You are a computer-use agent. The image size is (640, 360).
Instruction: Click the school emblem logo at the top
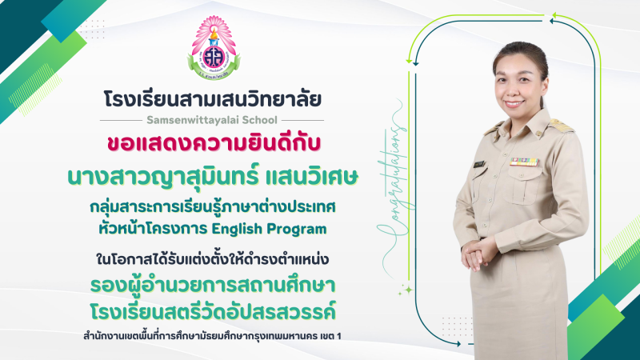pyautogui.click(x=214, y=48)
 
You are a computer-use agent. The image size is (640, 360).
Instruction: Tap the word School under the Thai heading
pyautogui.click(x=260, y=120)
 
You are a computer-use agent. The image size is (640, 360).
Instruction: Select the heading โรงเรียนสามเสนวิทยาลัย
pyautogui.click(x=212, y=99)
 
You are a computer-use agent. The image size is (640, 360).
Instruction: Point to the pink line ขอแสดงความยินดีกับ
pyautogui.click(x=214, y=144)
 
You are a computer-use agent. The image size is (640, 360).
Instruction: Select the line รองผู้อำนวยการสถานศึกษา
pyautogui.click(x=213, y=285)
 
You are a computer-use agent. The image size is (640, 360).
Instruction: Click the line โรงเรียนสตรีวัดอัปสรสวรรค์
pyautogui.click(x=213, y=311)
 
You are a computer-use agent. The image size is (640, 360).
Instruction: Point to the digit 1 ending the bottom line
pyautogui.click(x=338, y=336)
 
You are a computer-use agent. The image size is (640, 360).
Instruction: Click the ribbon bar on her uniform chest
pyautogui.click(x=525, y=162)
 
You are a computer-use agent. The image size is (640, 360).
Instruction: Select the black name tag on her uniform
pyautogui.click(x=479, y=165)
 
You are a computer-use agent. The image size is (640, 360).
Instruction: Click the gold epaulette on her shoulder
pyautogui.click(x=561, y=125)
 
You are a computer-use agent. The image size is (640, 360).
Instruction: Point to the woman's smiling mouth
pyautogui.click(x=514, y=104)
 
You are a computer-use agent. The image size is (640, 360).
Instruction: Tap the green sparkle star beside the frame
pyautogui.click(x=406, y=290)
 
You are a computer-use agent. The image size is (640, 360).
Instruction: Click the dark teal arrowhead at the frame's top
pyautogui.click(x=553, y=21)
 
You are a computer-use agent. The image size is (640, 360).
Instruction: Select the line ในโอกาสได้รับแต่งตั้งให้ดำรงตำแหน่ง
pyautogui.click(x=213, y=258)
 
